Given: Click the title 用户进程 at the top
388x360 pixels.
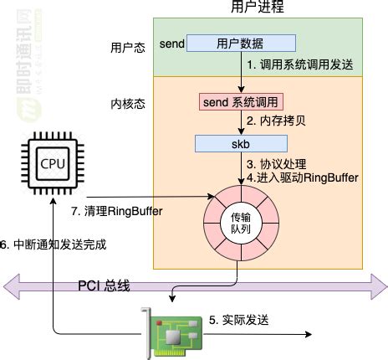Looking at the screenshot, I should [x=257, y=8].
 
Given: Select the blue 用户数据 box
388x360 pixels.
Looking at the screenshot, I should [x=240, y=43].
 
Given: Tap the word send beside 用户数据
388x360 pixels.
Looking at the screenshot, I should [x=171, y=43].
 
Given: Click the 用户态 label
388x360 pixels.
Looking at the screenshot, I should [x=128, y=48].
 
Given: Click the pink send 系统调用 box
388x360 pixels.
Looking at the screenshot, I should [x=240, y=102].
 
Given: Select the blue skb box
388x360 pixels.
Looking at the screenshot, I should [x=240, y=144].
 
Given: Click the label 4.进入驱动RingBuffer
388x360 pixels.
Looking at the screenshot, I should [x=302, y=177].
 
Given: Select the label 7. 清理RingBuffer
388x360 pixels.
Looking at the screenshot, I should [x=116, y=211].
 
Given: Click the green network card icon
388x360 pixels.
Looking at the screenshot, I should [x=174, y=333].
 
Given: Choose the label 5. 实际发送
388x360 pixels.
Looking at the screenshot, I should [x=237, y=320].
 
